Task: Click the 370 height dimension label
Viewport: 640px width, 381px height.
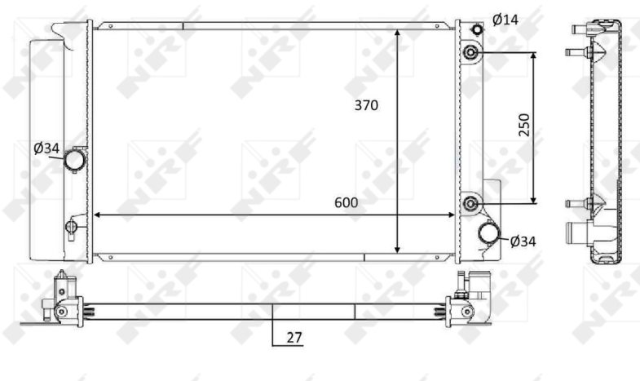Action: coord(366,105)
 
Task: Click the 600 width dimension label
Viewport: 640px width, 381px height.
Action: coord(346,202)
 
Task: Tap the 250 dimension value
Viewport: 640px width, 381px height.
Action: coord(523,125)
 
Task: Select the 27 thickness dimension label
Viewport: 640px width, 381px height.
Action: coord(294,338)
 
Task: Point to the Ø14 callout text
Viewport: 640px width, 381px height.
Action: coord(505,20)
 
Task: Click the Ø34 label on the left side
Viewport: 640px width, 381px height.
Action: coord(46,148)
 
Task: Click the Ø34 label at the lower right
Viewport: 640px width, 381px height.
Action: coord(523,241)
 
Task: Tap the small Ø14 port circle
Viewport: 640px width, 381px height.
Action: coord(477,29)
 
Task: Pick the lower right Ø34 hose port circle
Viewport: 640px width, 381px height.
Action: coord(489,233)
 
